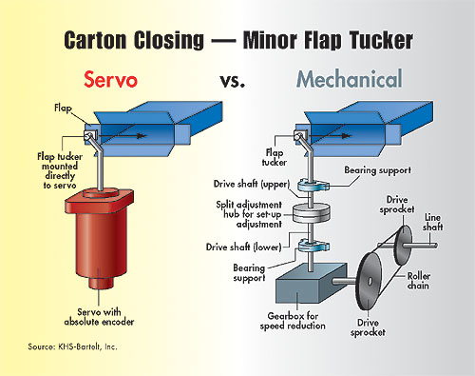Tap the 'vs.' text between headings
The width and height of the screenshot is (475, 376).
coord(226,80)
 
